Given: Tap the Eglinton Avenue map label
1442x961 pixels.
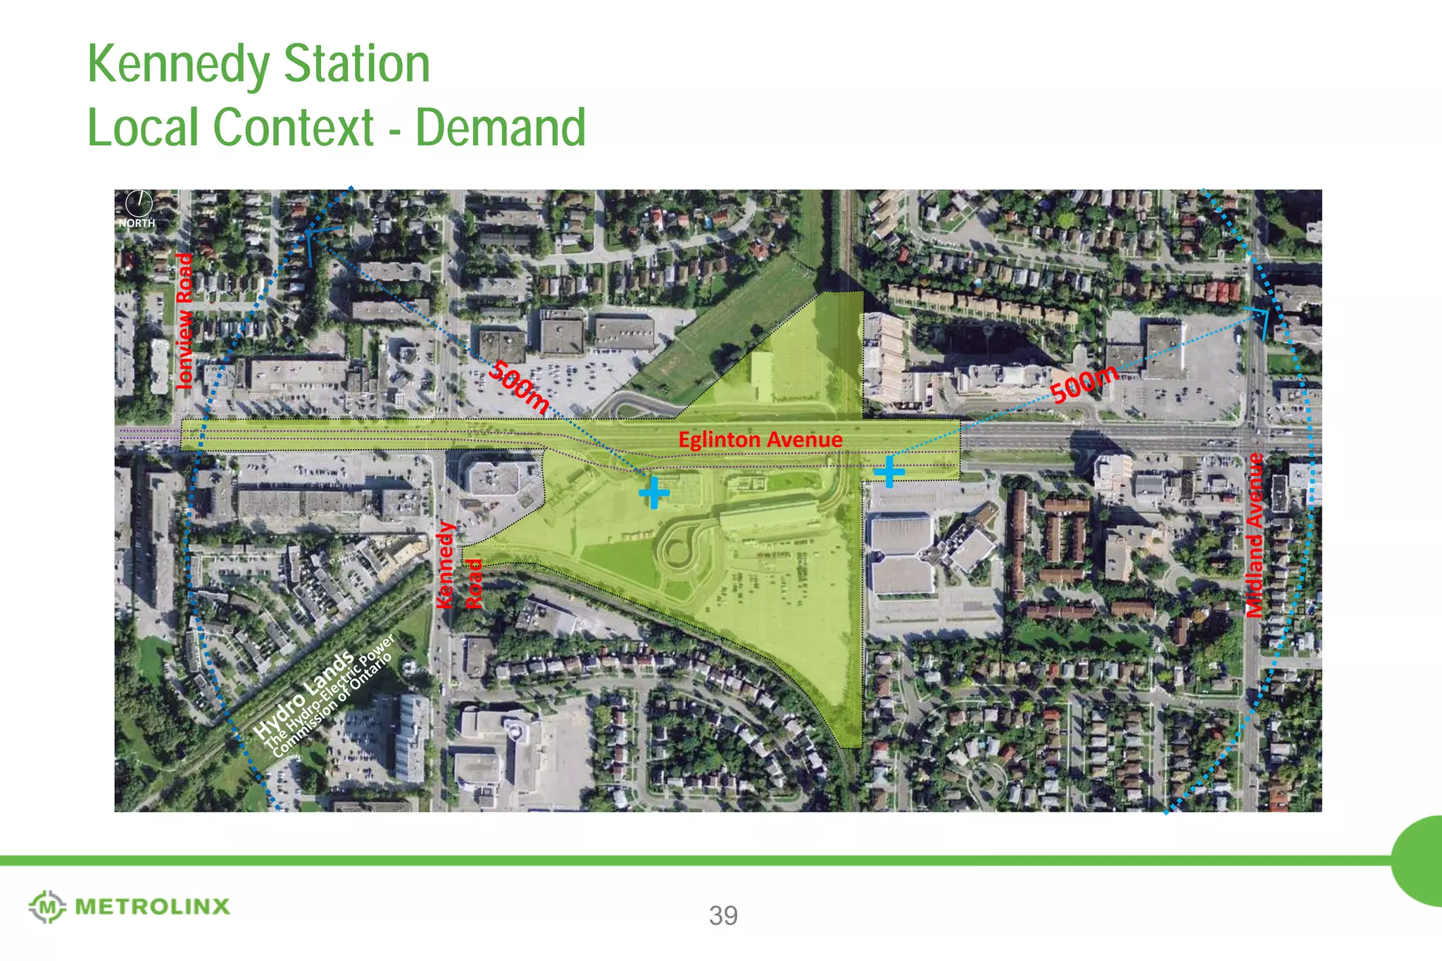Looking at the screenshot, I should click(x=760, y=440).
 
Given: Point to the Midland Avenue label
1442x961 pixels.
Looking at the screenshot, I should click(x=1255, y=536).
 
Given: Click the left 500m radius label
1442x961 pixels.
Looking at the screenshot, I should click(x=519, y=387).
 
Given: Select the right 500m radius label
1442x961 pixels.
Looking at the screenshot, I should click(x=1084, y=383).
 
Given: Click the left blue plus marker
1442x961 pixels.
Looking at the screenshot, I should click(x=654, y=492).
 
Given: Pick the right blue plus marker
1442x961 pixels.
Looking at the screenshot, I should click(x=889, y=470).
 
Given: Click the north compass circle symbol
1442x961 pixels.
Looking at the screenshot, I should click(x=139, y=203).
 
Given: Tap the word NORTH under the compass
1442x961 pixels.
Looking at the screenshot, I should click(x=137, y=223).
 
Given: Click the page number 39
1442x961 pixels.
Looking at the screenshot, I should click(x=723, y=915).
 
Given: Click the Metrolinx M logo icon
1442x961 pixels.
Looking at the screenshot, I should click(x=47, y=907).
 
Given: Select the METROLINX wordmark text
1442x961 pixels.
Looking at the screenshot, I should click(x=152, y=907).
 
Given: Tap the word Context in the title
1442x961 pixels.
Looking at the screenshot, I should click(x=293, y=128).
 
